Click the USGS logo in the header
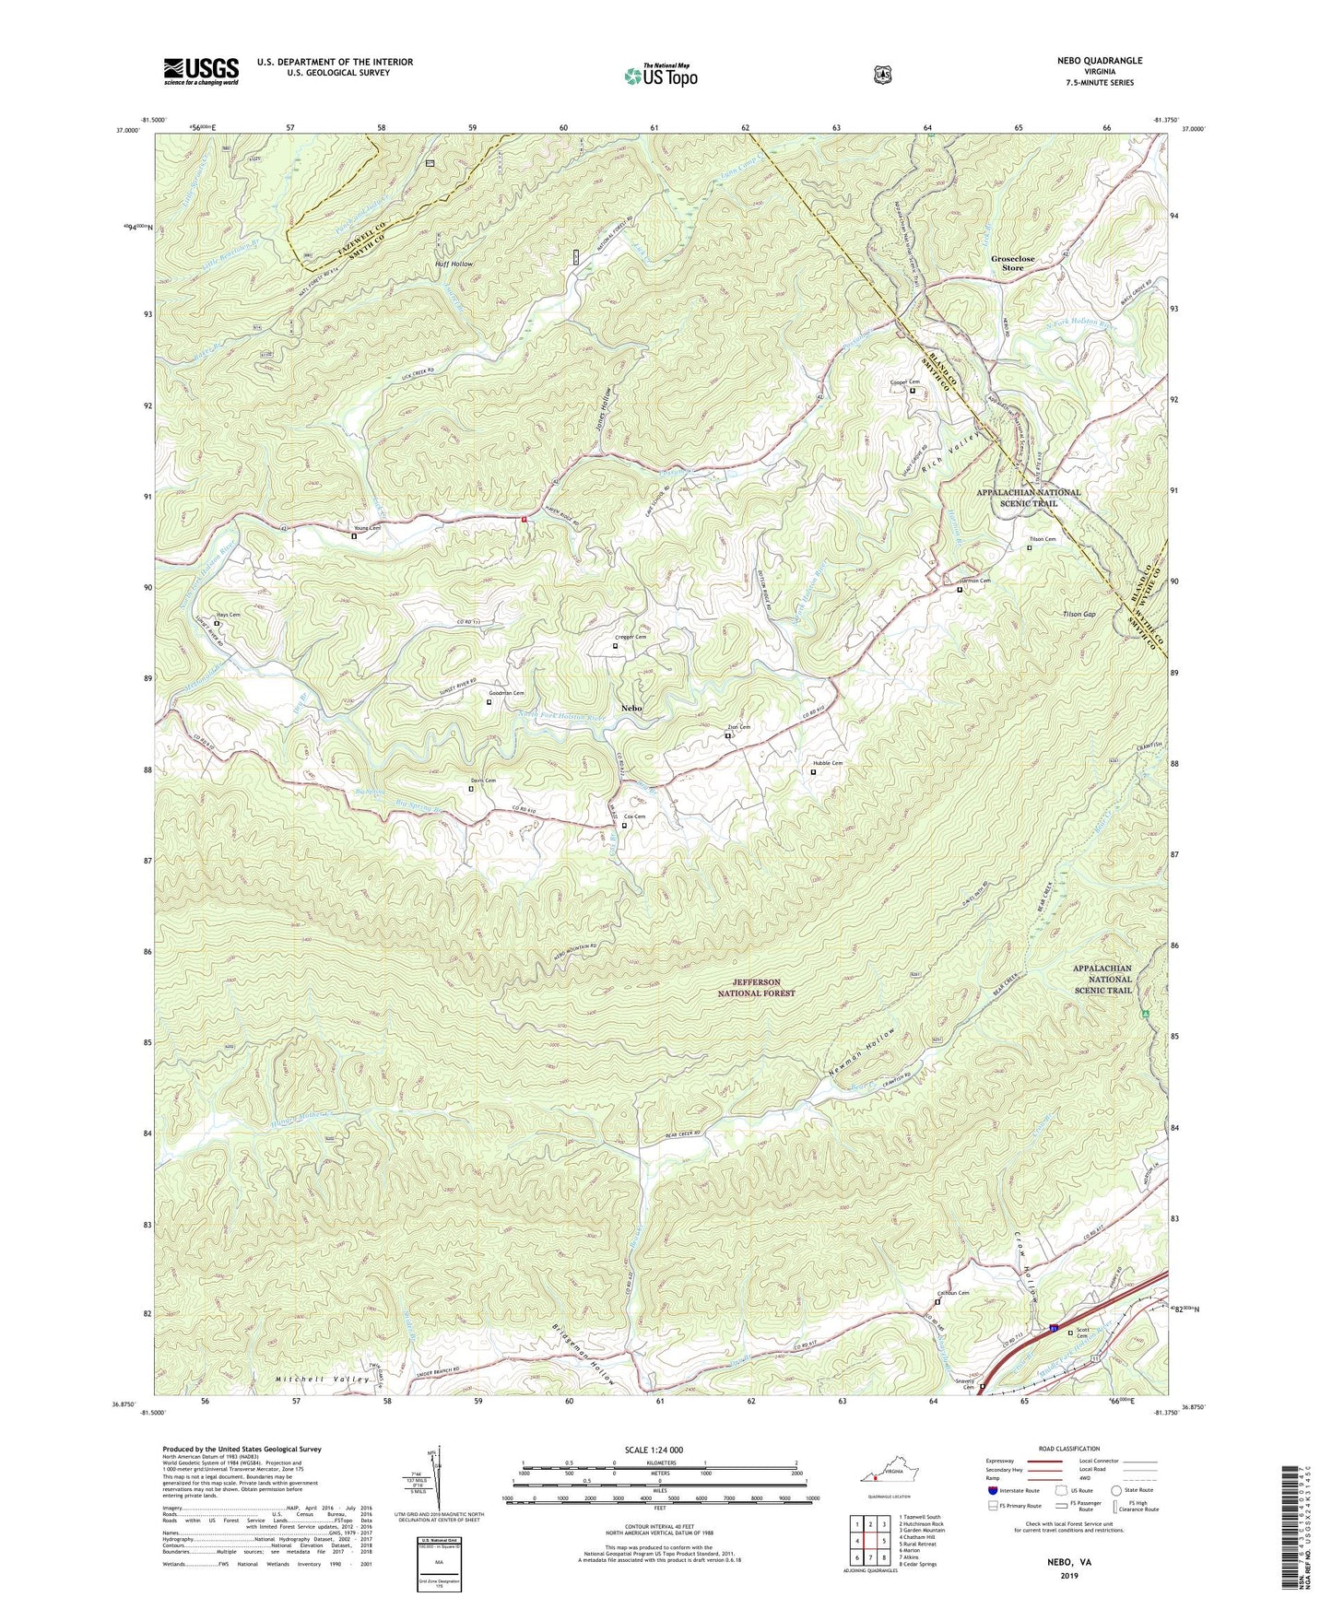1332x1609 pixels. (x=201, y=71)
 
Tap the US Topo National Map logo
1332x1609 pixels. (x=660, y=75)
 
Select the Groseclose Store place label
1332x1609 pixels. (x=1012, y=264)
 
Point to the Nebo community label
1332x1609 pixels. (x=631, y=708)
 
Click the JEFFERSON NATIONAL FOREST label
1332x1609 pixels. (x=756, y=988)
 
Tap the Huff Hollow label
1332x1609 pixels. (x=454, y=264)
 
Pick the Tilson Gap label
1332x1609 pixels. (x=1078, y=615)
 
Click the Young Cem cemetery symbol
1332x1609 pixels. (x=354, y=535)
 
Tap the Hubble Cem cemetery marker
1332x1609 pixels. (x=812, y=772)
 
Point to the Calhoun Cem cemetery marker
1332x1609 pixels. (x=937, y=1302)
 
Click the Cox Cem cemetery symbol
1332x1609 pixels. (x=624, y=826)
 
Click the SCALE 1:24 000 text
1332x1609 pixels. (x=654, y=1450)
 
